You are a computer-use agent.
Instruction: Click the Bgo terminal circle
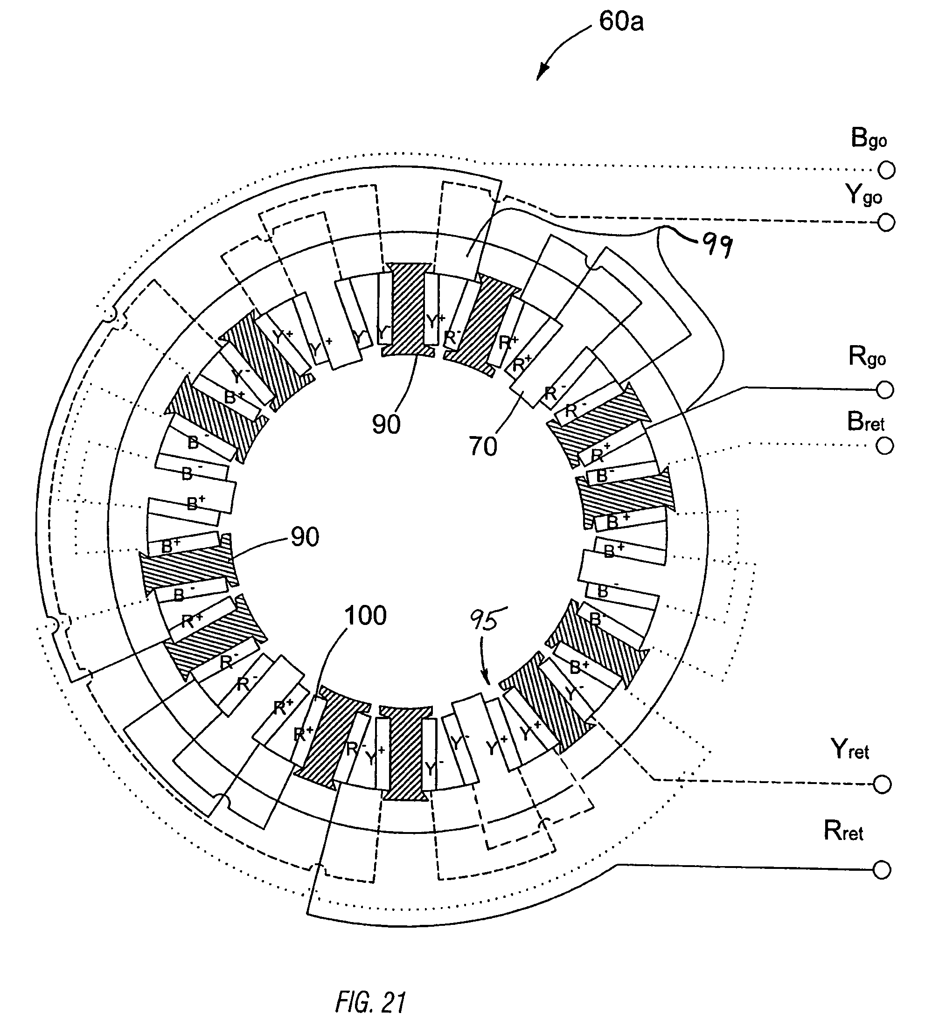coord(886,170)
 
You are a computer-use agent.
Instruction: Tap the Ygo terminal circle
coord(886,222)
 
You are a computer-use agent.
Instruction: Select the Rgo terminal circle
coord(885,390)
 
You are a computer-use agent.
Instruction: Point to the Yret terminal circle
coord(882,784)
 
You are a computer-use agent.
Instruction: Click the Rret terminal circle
coord(882,870)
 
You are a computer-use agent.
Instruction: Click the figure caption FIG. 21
coord(370,1002)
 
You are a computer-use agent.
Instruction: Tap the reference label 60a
coord(621,22)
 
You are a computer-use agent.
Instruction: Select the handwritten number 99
coord(717,245)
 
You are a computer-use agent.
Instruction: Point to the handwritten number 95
coord(488,620)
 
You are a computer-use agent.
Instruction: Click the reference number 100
coord(365,616)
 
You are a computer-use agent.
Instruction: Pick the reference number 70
coord(482,447)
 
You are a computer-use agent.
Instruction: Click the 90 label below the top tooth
coord(386,424)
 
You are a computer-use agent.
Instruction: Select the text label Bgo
coord(869,138)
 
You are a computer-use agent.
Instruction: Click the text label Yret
coord(850,749)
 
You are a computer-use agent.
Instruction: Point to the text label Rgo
coord(867,357)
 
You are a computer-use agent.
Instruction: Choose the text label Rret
coord(843,831)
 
